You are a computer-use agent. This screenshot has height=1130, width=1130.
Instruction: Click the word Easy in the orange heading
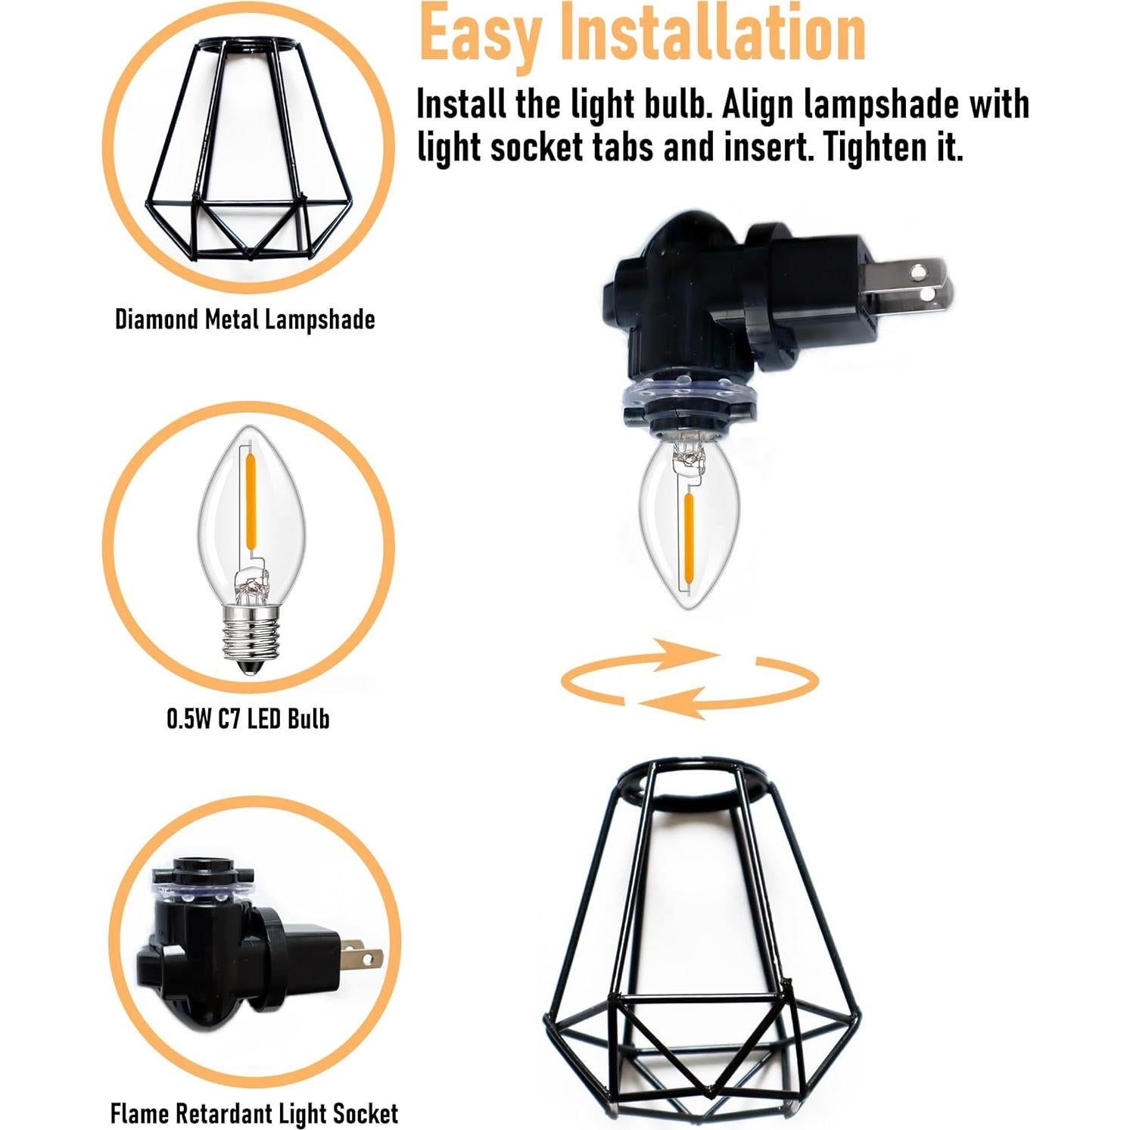click(x=478, y=34)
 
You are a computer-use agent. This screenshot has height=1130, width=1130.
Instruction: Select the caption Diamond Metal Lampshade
click(x=244, y=319)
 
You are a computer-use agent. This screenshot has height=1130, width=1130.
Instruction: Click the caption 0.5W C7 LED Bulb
click(x=248, y=718)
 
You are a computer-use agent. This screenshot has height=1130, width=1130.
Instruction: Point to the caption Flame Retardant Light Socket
click(x=254, y=1113)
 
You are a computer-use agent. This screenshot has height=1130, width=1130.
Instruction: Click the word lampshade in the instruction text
click(x=881, y=104)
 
